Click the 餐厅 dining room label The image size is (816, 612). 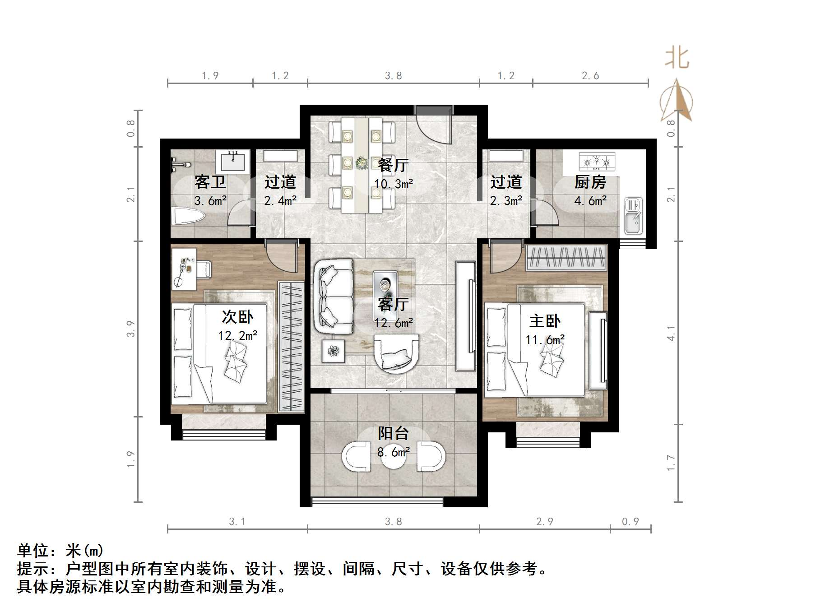pos(393,165)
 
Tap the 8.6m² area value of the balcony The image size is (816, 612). pos(393,451)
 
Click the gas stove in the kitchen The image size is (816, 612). pos(597,162)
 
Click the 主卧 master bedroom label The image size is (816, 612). pos(545,321)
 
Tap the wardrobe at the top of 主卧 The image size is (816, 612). pos(566,258)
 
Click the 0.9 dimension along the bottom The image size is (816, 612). pos(630,522)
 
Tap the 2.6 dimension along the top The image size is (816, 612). pos(590,76)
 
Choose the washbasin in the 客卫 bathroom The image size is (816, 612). pos(233,161)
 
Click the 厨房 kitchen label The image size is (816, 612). pos(590,182)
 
